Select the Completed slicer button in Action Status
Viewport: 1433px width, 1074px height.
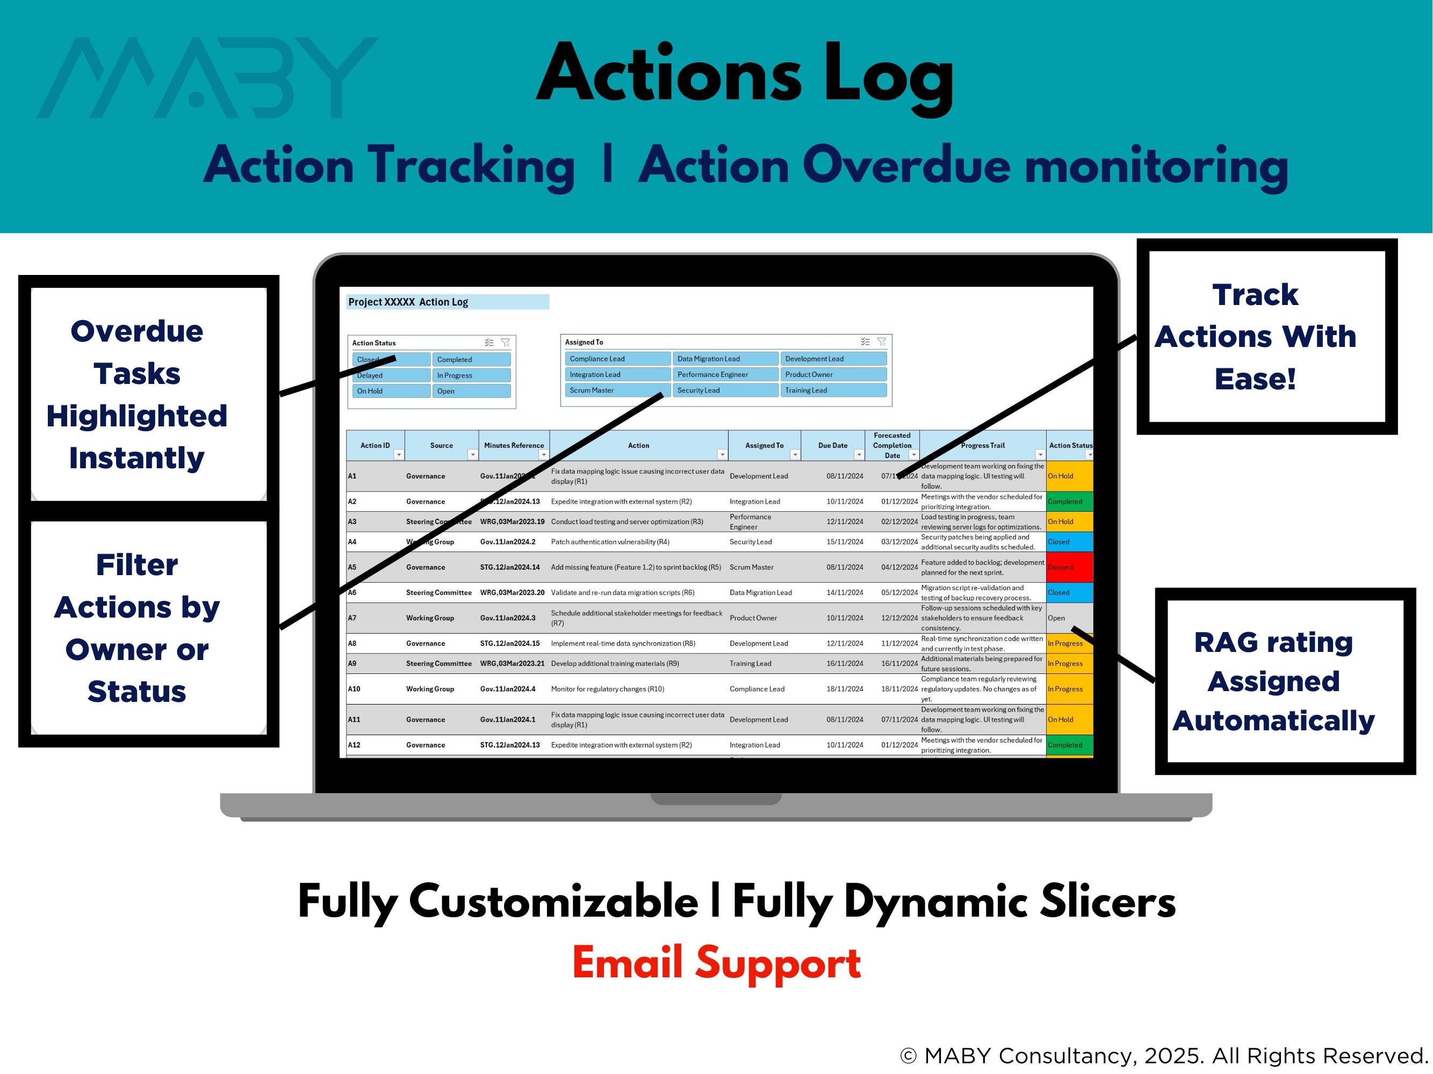[x=471, y=359]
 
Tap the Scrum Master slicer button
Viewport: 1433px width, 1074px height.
[x=615, y=390]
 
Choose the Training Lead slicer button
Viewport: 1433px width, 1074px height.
[x=832, y=390]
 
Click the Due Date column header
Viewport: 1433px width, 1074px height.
[x=832, y=445]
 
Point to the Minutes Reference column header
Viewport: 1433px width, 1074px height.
[x=513, y=445]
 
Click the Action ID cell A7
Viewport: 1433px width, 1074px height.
[x=352, y=618]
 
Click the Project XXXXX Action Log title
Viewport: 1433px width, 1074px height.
[x=408, y=302]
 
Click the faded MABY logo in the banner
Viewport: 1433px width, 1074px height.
[x=207, y=78]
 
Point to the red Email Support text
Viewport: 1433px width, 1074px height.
[x=717, y=963]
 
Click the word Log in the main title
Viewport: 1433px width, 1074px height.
[x=888, y=75]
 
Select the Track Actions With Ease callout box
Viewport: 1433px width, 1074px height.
[x=1266, y=337]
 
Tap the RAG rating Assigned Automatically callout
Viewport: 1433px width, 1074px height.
[x=1285, y=681]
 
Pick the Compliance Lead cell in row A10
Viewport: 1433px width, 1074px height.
[x=757, y=689]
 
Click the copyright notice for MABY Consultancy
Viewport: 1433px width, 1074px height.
[x=1163, y=1055]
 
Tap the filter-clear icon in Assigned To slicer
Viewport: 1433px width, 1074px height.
[x=882, y=342]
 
